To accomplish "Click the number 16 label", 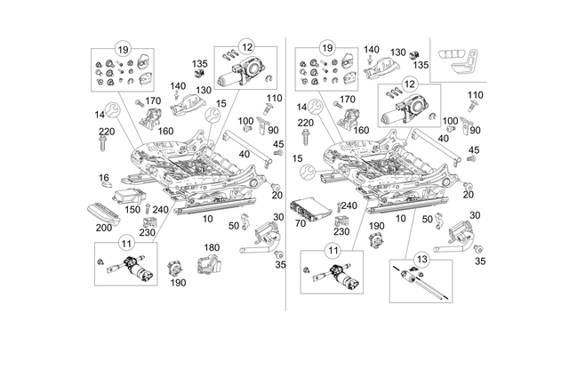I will point(104,178).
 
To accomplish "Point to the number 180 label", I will point(212,247).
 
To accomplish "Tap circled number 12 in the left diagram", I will point(246,47).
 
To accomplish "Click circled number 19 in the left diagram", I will point(122,47).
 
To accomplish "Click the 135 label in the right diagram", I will point(421,65).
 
